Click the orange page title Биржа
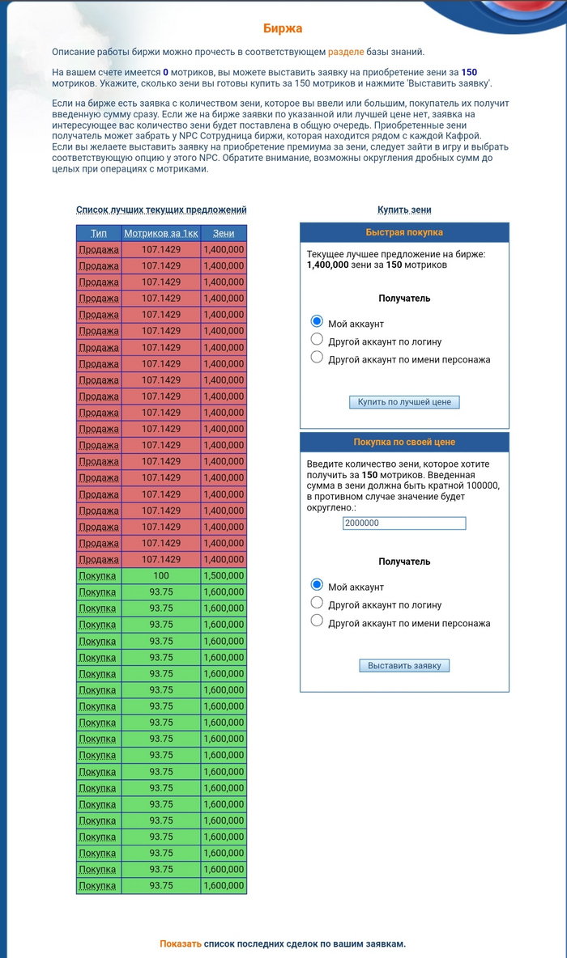click(x=283, y=29)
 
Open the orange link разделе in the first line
click(x=346, y=52)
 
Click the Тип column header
click(x=99, y=234)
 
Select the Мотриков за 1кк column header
click(x=160, y=234)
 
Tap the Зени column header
click(x=224, y=234)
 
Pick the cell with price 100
click(x=160, y=575)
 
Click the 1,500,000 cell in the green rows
click(x=224, y=575)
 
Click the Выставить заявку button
click(x=404, y=665)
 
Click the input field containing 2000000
click(x=404, y=524)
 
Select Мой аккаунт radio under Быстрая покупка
click(x=318, y=322)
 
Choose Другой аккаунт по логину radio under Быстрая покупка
click(x=318, y=339)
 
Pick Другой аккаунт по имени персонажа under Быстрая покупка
click(x=318, y=357)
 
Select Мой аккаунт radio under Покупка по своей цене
click(x=318, y=585)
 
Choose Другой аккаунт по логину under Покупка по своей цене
click(x=318, y=603)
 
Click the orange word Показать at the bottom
click(x=181, y=943)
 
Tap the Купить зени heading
click(x=404, y=210)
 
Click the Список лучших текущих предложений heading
click(x=161, y=210)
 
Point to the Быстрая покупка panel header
click(x=404, y=232)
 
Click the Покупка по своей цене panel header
click(x=404, y=442)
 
